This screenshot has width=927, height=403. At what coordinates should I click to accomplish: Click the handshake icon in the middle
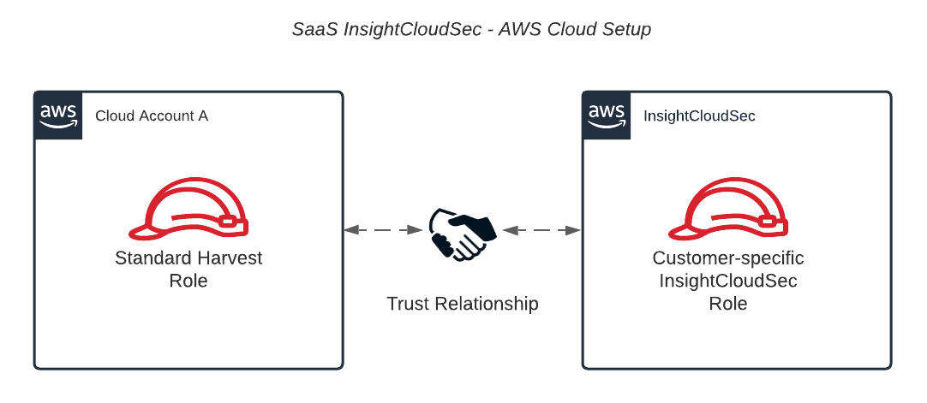pos(463,231)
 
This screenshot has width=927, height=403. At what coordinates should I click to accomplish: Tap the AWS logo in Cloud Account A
pos(58,115)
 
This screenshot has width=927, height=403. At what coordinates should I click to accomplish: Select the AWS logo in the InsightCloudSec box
pos(607,115)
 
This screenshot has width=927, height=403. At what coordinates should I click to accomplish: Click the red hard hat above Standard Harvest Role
pos(189,210)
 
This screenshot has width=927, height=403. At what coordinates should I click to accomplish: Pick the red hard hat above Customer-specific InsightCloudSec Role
pos(728,210)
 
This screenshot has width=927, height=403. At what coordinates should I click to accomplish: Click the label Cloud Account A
pos(152,116)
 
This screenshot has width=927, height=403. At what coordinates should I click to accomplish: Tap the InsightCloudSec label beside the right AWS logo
pos(699,116)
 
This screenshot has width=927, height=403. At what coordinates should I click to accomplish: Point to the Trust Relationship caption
pos(462,304)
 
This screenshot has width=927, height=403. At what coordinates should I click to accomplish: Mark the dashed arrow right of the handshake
pos(542,230)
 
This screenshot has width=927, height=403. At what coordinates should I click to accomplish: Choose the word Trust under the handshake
pos(408,304)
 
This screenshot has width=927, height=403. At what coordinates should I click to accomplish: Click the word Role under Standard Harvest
pos(188,281)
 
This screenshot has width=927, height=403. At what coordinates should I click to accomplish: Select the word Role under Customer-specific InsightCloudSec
pos(728,304)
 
